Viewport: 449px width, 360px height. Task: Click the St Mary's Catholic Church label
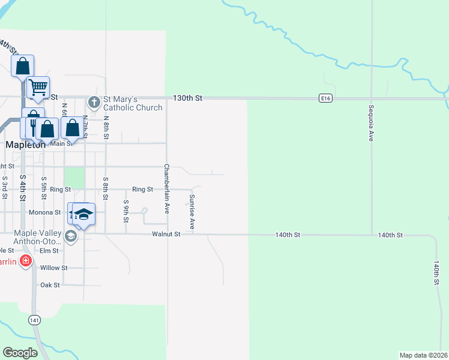point(133,103)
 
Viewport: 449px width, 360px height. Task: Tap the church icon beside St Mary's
point(94,101)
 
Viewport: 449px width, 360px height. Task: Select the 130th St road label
point(188,98)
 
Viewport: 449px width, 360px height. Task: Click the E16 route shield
point(325,98)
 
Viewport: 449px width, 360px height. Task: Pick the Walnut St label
point(166,234)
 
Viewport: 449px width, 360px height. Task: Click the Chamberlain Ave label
point(167,188)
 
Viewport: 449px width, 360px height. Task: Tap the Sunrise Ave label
point(192,212)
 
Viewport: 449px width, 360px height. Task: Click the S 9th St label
point(126,211)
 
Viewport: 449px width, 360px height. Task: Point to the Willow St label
point(53,268)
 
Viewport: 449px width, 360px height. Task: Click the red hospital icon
point(25,260)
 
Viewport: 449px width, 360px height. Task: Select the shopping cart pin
point(38,88)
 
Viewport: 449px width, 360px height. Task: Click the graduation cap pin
point(83,214)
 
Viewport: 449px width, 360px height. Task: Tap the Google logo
point(20,353)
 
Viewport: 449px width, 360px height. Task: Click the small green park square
point(74,177)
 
